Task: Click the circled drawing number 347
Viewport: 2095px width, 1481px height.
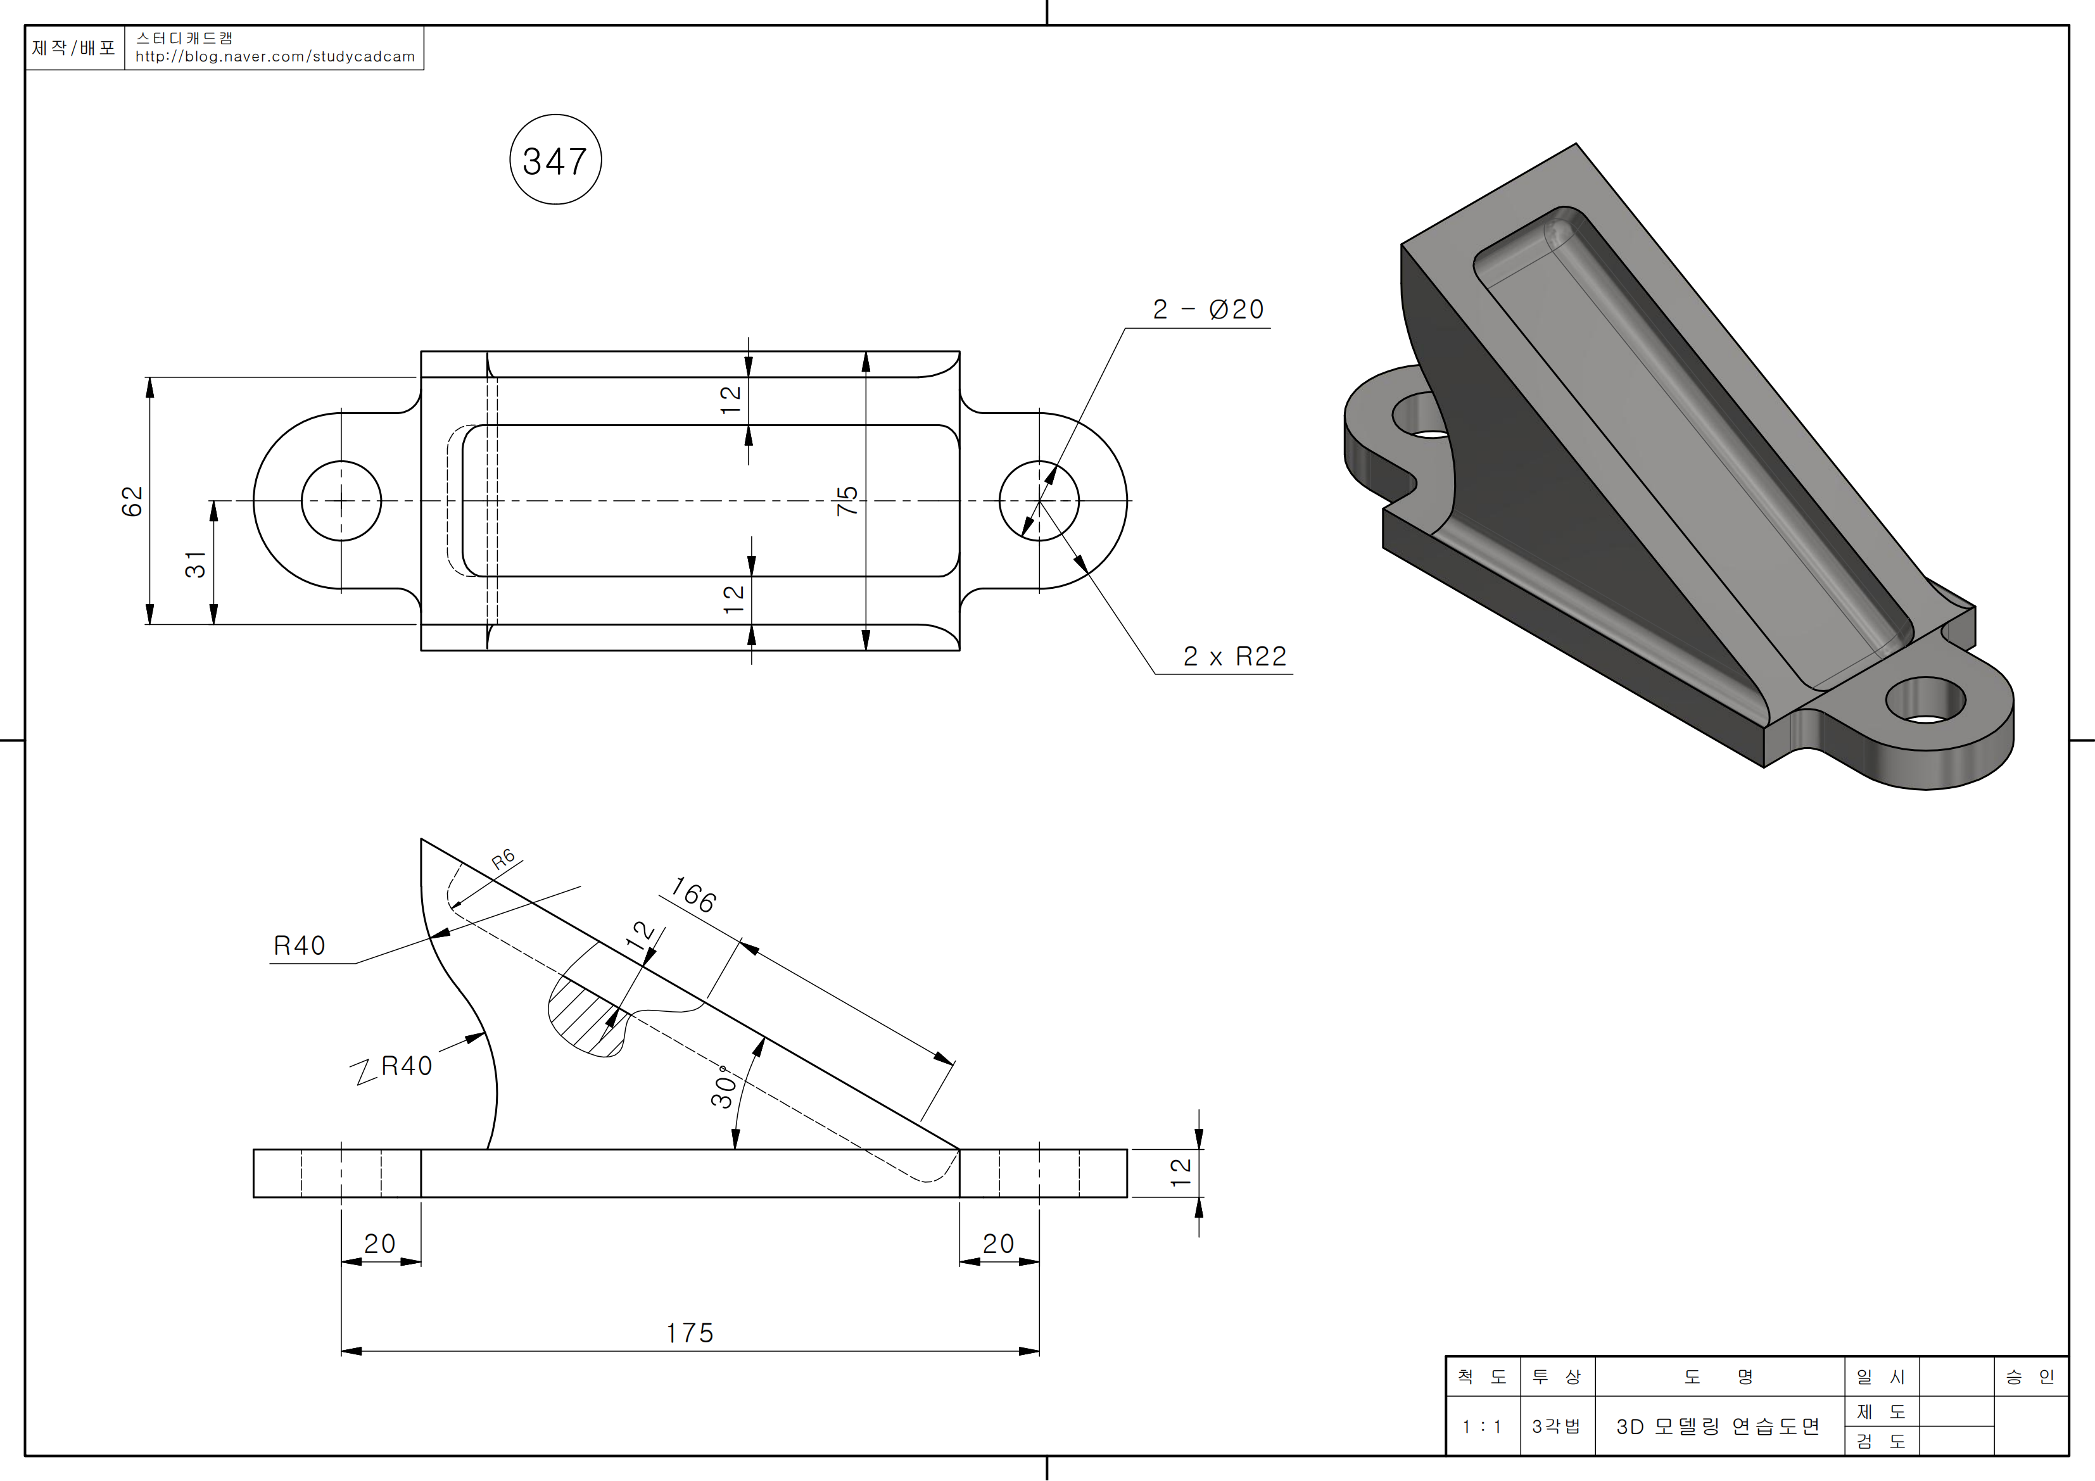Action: tap(555, 161)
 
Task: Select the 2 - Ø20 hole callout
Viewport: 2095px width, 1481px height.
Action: tap(1208, 310)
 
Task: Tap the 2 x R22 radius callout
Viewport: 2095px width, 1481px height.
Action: tap(1234, 656)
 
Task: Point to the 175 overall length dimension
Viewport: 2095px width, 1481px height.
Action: tap(689, 1333)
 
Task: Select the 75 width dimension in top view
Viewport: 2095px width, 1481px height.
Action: tap(847, 500)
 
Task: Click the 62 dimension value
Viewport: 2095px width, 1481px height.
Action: tap(133, 501)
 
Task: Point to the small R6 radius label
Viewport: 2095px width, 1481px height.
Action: tap(503, 859)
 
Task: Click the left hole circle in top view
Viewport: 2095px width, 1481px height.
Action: tap(341, 501)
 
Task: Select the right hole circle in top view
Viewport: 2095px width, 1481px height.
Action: tap(1039, 501)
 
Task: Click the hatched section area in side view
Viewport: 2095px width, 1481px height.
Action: tap(586, 1020)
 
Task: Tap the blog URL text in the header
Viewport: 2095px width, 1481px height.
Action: tap(275, 56)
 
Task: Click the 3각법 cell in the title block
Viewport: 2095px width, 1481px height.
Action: tap(1556, 1427)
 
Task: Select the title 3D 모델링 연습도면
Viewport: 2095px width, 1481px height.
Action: tap(1718, 1427)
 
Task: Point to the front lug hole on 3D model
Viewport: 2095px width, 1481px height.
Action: tap(1925, 701)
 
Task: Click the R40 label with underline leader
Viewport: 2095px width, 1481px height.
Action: tap(300, 945)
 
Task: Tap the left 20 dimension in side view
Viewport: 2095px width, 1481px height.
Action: tap(379, 1244)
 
